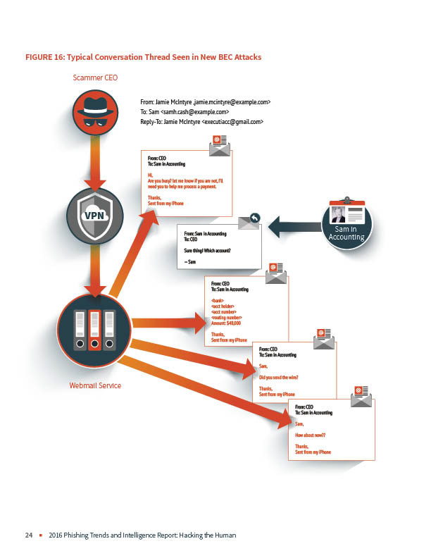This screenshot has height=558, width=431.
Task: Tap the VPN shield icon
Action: pyautogui.click(x=96, y=215)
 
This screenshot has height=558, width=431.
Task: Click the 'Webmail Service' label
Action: pyautogui.click(x=95, y=385)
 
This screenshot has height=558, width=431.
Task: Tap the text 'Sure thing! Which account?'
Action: pyautogui.click(x=207, y=250)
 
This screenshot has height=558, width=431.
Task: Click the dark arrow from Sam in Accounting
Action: pyautogui.click(x=293, y=228)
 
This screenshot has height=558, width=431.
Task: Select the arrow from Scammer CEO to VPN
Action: pyautogui.click(x=96, y=164)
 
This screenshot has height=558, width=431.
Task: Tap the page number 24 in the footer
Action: pyautogui.click(x=29, y=535)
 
